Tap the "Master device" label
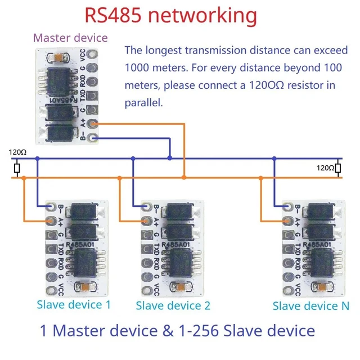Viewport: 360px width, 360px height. (x=70, y=38)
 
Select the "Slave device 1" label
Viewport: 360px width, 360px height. (x=74, y=304)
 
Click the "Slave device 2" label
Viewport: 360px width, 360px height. (x=173, y=305)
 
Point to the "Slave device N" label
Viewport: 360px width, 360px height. (x=310, y=305)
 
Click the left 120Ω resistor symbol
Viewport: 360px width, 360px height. (x=17, y=168)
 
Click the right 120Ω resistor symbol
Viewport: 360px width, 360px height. (x=338, y=168)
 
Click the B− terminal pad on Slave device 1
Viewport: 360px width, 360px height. (x=51, y=208)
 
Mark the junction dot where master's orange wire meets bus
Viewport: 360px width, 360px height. (x=184, y=178)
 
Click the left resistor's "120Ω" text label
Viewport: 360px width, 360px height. (x=17, y=152)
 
